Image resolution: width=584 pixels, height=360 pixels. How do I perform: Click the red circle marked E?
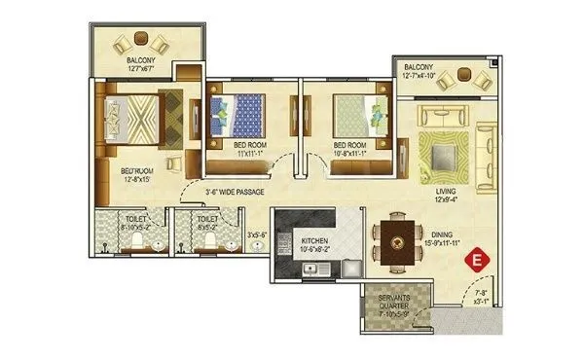(478, 260)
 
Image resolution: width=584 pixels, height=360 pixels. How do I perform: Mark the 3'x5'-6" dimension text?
(257, 234)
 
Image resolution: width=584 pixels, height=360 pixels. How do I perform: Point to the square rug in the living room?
(445, 154)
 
